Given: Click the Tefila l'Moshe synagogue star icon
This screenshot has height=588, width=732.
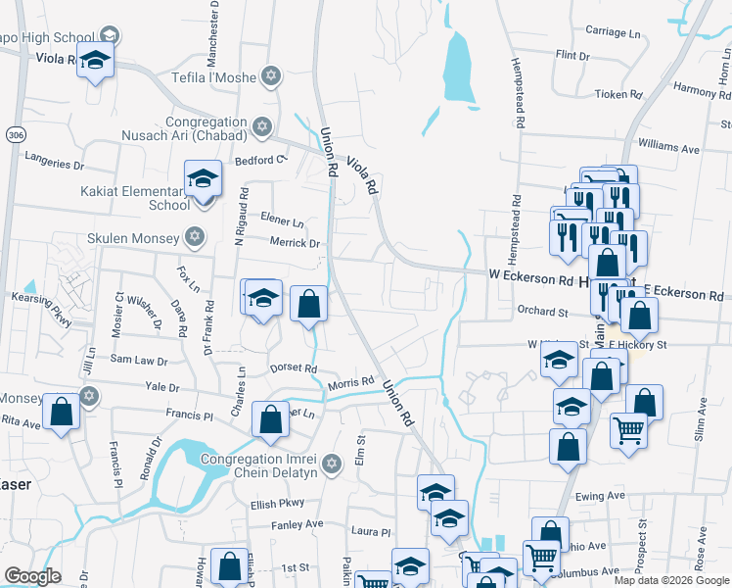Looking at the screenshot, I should point(271,75).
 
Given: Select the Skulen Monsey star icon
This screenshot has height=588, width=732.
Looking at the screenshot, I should point(195,238).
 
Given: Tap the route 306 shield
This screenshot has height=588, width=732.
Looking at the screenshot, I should point(14,132).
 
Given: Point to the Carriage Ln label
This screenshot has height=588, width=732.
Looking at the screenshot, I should point(613,32).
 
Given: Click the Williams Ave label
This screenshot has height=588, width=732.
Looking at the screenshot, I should point(675,148).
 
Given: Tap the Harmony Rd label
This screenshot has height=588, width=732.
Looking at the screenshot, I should point(696,91).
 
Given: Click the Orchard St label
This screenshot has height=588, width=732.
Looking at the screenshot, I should point(542,312).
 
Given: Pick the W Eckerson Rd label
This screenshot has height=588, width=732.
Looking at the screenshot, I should point(530,280).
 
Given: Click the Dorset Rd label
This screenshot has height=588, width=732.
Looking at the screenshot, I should point(294,368).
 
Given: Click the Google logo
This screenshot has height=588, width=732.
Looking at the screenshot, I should point(33,576).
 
